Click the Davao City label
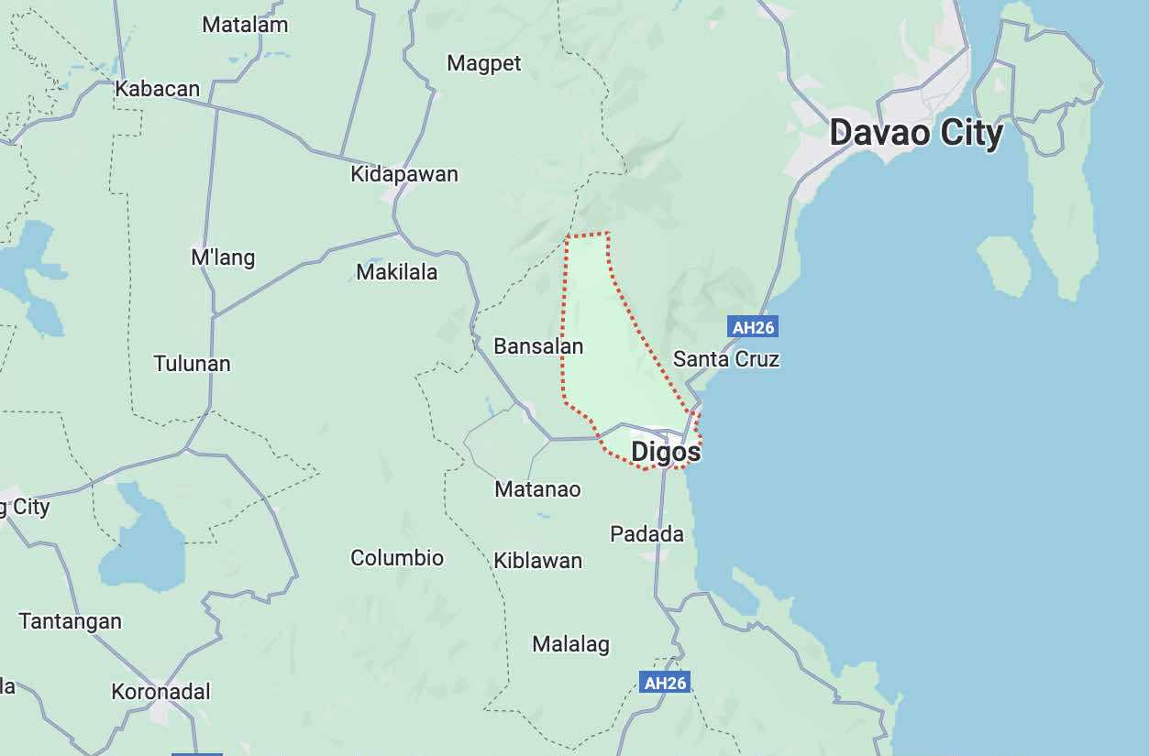tap(915, 134)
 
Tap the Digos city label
tap(666, 452)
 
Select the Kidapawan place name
tap(404, 174)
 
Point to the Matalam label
tap(245, 25)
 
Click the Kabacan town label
tap(158, 89)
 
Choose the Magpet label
tap(484, 63)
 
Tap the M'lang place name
tap(223, 257)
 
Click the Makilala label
tap(397, 272)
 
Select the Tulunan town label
tap(193, 364)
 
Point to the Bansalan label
tap(538, 346)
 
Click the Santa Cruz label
tap(726, 359)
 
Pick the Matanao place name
tap(537, 489)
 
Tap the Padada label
tap(647, 534)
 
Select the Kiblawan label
tap(537, 561)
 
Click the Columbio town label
tap(397, 558)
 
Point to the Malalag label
tap(570, 645)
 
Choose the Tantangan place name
tap(71, 621)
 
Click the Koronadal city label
tap(161, 692)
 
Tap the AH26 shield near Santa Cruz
tap(753, 327)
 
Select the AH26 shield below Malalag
tap(665, 683)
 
